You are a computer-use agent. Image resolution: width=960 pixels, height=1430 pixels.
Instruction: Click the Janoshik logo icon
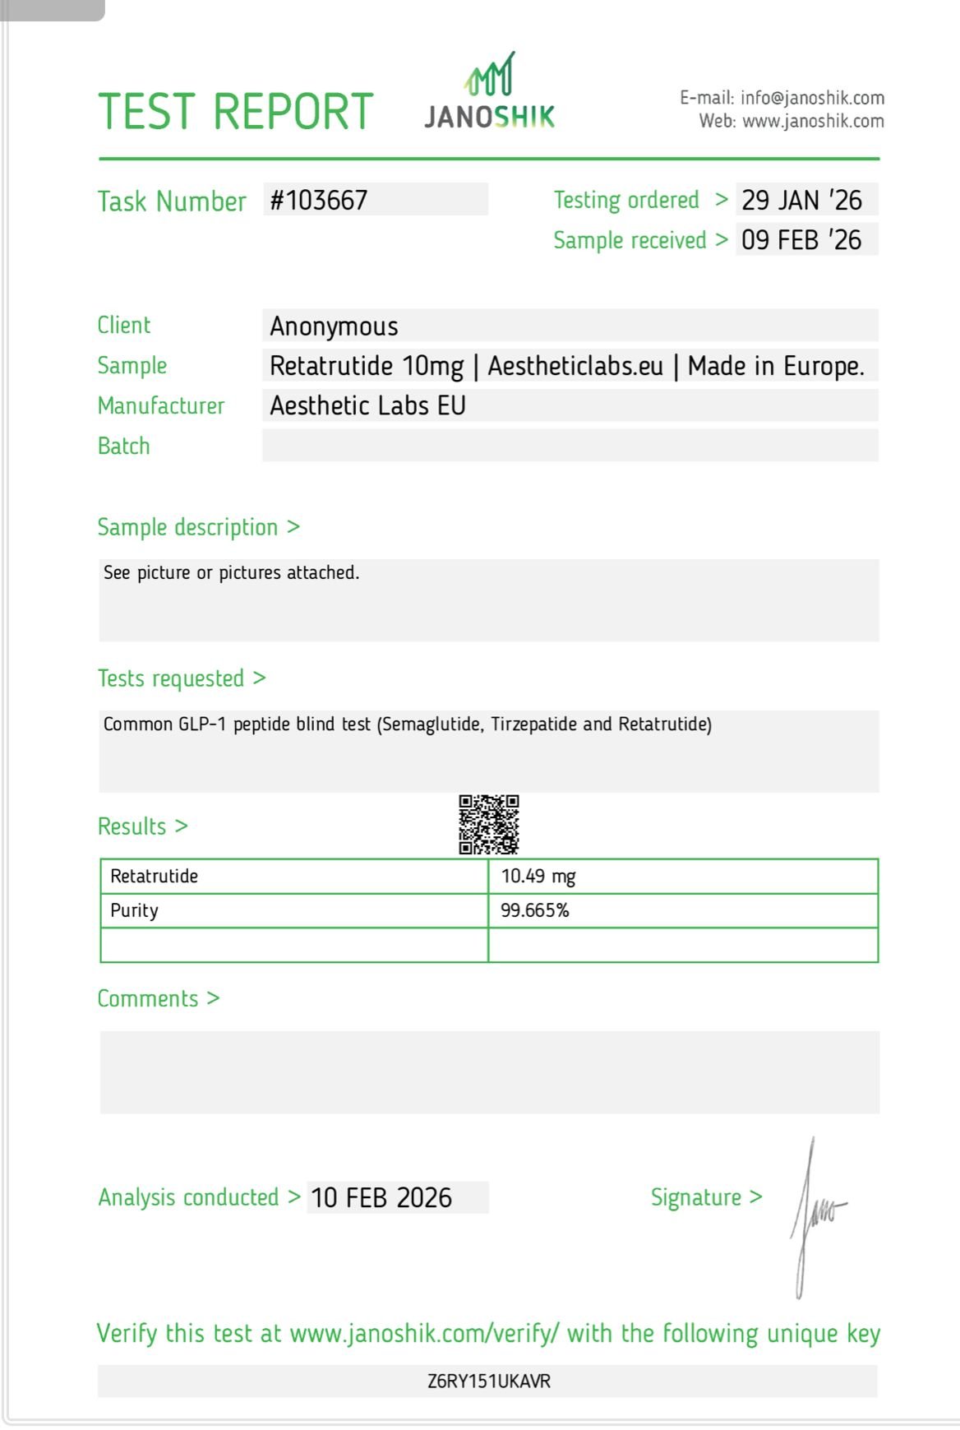pyautogui.click(x=491, y=74)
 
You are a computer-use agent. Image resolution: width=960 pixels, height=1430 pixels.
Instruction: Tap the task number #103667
pyautogui.click(x=319, y=201)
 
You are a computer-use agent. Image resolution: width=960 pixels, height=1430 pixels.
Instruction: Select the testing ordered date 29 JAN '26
pyautogui.click(x=801, y=201)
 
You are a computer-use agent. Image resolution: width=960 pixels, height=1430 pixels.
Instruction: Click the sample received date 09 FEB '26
pyautogui.click(x=801, y=240)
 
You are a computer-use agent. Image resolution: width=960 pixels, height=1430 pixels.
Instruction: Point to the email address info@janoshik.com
pyautogui.click(x=812, y=99)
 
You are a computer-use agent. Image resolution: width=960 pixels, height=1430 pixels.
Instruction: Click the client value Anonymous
pyautogui.click(x=335, y=326)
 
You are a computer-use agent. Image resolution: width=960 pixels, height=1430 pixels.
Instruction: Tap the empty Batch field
pyautogui.click(x=570, y=446)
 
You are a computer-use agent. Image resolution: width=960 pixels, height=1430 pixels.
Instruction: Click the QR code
pyautogui.click(x=489, y=824)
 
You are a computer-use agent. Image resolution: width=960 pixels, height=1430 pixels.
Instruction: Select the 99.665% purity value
pyautogui.click(x=535, y=911)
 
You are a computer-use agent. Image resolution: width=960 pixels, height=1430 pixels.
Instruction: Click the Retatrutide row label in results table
pyautogui.click(x=155, y=877)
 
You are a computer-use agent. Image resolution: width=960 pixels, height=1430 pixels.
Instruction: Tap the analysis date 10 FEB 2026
pyautogui.click(x=381, y=1198)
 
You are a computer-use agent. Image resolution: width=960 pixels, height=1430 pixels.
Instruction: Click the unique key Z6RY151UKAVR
pyautogui.click(x=489, y=1381)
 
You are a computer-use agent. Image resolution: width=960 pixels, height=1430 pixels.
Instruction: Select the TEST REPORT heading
pyautogui.click(x=236, y=112)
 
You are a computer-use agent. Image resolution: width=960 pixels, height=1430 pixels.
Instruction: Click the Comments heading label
pyautogui.click(x=149, y=999)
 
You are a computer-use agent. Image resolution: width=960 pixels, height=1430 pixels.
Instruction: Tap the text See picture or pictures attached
pyautogui.click(x=232, y=573)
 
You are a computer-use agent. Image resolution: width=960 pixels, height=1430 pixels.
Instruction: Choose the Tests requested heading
pyautogui.click(x=171, y=679)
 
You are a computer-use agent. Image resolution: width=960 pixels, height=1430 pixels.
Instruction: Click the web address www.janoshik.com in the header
pyautogui.click(x=813, y=122)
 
